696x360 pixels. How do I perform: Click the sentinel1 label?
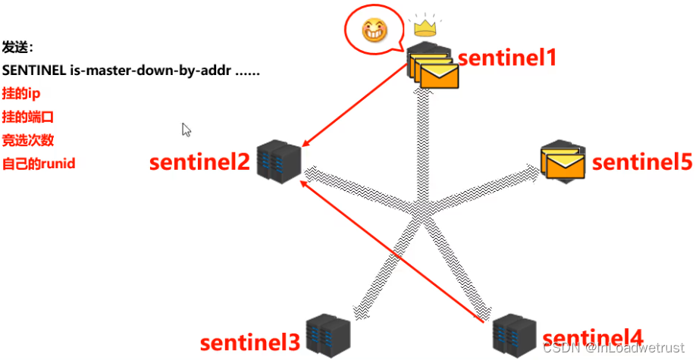(506, 58)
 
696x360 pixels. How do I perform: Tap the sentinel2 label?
(199, 162)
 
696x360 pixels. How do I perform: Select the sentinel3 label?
(250, 343)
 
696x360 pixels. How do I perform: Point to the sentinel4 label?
(593, 338)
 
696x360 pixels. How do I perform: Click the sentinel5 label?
(641, 162)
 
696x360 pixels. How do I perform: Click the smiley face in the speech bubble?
(374, 31)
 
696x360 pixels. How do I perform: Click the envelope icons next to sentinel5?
(563, 161)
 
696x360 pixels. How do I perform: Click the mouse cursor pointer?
(187, 130)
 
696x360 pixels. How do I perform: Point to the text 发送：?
(18, 47)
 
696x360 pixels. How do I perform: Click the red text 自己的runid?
(39, 163)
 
